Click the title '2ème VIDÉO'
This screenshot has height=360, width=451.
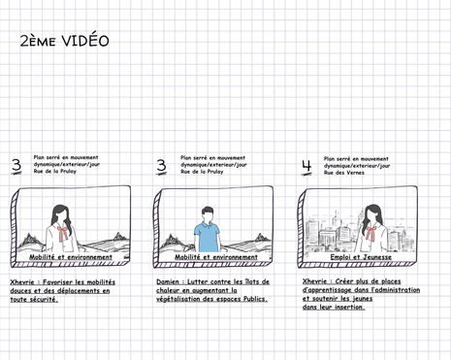tap(64, 42)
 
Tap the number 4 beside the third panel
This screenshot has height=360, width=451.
tap(306, 166)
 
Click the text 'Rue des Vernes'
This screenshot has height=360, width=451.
tap(343, 172)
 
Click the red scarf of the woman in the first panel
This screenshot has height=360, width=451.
tap(64, 233)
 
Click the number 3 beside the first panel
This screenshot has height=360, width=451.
tap(16, 166)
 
